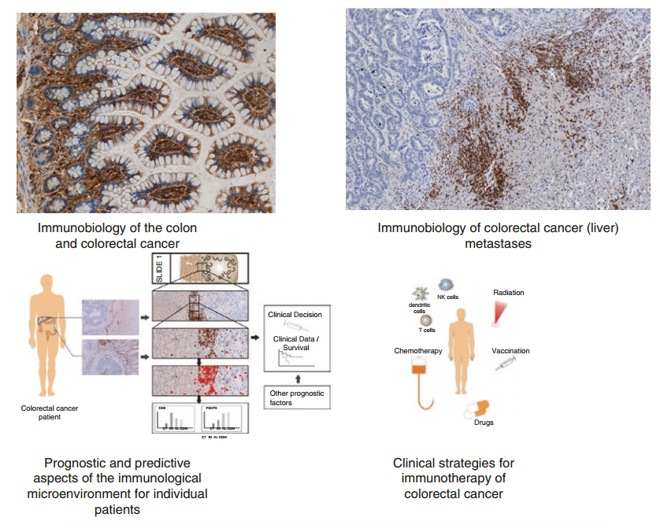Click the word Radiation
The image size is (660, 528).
pyautogui.click(x=509, y=293)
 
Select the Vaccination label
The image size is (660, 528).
pyautogui.click(x=510, y=350)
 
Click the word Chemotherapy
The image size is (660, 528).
pyautogui.click(x=418, y=350)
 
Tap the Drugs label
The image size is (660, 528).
pyautogui.click(x=484, y=423)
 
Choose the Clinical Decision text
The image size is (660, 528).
pyautogui.click(x=295, y=314)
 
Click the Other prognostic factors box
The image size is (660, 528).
pyautogui.click(x=295, y=397)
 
